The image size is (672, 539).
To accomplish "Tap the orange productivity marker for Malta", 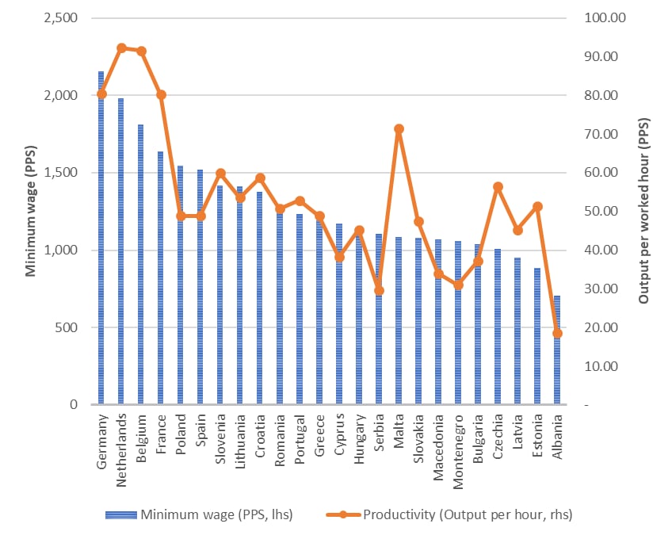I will (399, 128).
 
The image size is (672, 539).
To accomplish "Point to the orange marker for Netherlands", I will (121, 48).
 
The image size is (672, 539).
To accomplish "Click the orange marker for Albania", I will (557, 334).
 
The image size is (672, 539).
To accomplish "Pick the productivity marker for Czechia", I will (498, 187).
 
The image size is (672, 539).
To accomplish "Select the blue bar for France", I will (161, 277).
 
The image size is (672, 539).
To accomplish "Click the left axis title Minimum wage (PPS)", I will (32, 211).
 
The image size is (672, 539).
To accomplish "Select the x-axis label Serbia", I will (379, 432).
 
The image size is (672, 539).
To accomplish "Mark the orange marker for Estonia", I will (537, 207).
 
